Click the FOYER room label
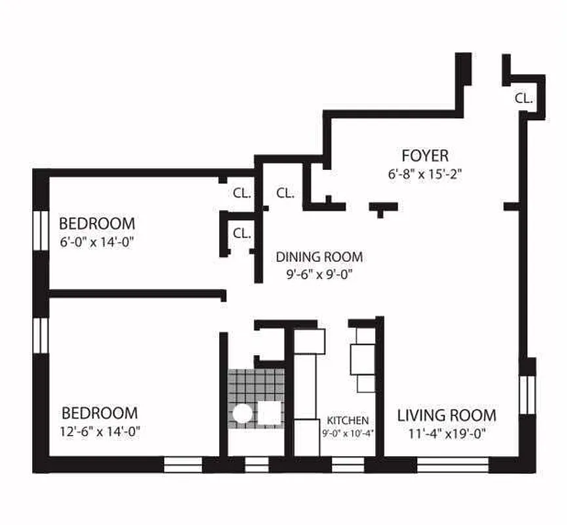coord(425,156)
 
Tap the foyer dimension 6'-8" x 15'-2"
coord(425,175)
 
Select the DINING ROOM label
coord(319,257)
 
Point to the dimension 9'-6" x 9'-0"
coord(319,275)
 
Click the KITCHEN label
coord(347,420)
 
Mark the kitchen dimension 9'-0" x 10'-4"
coord(347,433)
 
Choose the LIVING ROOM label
coord(447,415)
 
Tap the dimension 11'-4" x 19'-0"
coord(447,433)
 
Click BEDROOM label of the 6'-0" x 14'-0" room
coord(97,223)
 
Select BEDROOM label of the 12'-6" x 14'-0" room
coord(100,413)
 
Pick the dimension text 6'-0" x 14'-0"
coord(97,241)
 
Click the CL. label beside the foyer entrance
coord(523,98)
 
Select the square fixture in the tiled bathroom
coord(269,413)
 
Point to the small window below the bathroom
coord(256,465)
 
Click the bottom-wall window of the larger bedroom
coord(182,465)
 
